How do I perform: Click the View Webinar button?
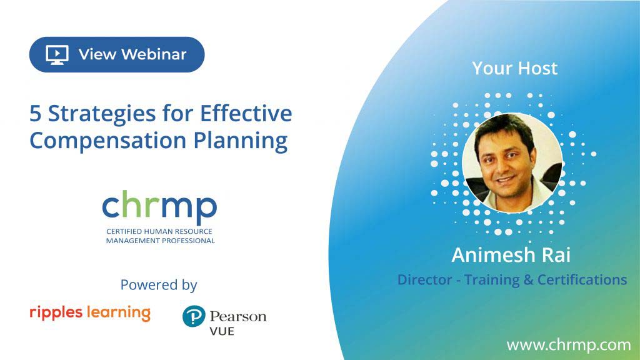tap(117, 54)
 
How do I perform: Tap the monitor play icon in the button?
tap(57, 55)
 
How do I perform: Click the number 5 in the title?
tap(36, 114)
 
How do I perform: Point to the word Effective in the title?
tap(246, 113)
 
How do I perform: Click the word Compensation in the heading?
tap(107, 141)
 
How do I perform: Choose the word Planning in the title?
tap(241, 141)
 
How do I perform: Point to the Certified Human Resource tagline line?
tap(159, 231)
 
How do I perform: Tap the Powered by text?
tap(159, 285)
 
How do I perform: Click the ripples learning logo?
tap(90, 313)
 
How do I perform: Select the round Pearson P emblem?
tap(194, 316)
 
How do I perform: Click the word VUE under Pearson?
tap(222, 331)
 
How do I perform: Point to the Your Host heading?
tap(515, 69)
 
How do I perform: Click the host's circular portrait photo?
tap(512, 163)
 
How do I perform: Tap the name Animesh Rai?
tap(511, 255)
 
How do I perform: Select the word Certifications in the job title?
tap(582, 280)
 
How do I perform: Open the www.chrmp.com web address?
tap(569, 345)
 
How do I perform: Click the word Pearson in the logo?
tap(238, 317)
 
